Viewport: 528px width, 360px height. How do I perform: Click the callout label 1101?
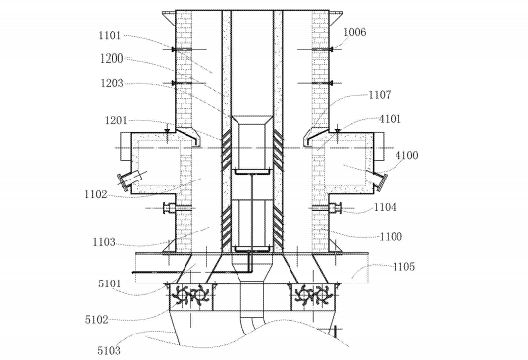(110, 35)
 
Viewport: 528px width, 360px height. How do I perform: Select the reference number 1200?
(112, 58)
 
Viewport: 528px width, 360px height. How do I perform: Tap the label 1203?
(112, 83)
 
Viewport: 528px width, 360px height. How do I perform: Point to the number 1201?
(116, 120)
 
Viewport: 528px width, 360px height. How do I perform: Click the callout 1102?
(96, 194)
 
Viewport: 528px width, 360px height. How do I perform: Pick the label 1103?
(104, 242)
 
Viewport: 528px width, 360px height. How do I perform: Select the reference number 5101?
(110, 283)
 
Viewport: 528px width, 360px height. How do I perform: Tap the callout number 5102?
(97, 319)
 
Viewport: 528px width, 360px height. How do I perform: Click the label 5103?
(109, 350)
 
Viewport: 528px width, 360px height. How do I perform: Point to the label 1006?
(355, 32)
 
